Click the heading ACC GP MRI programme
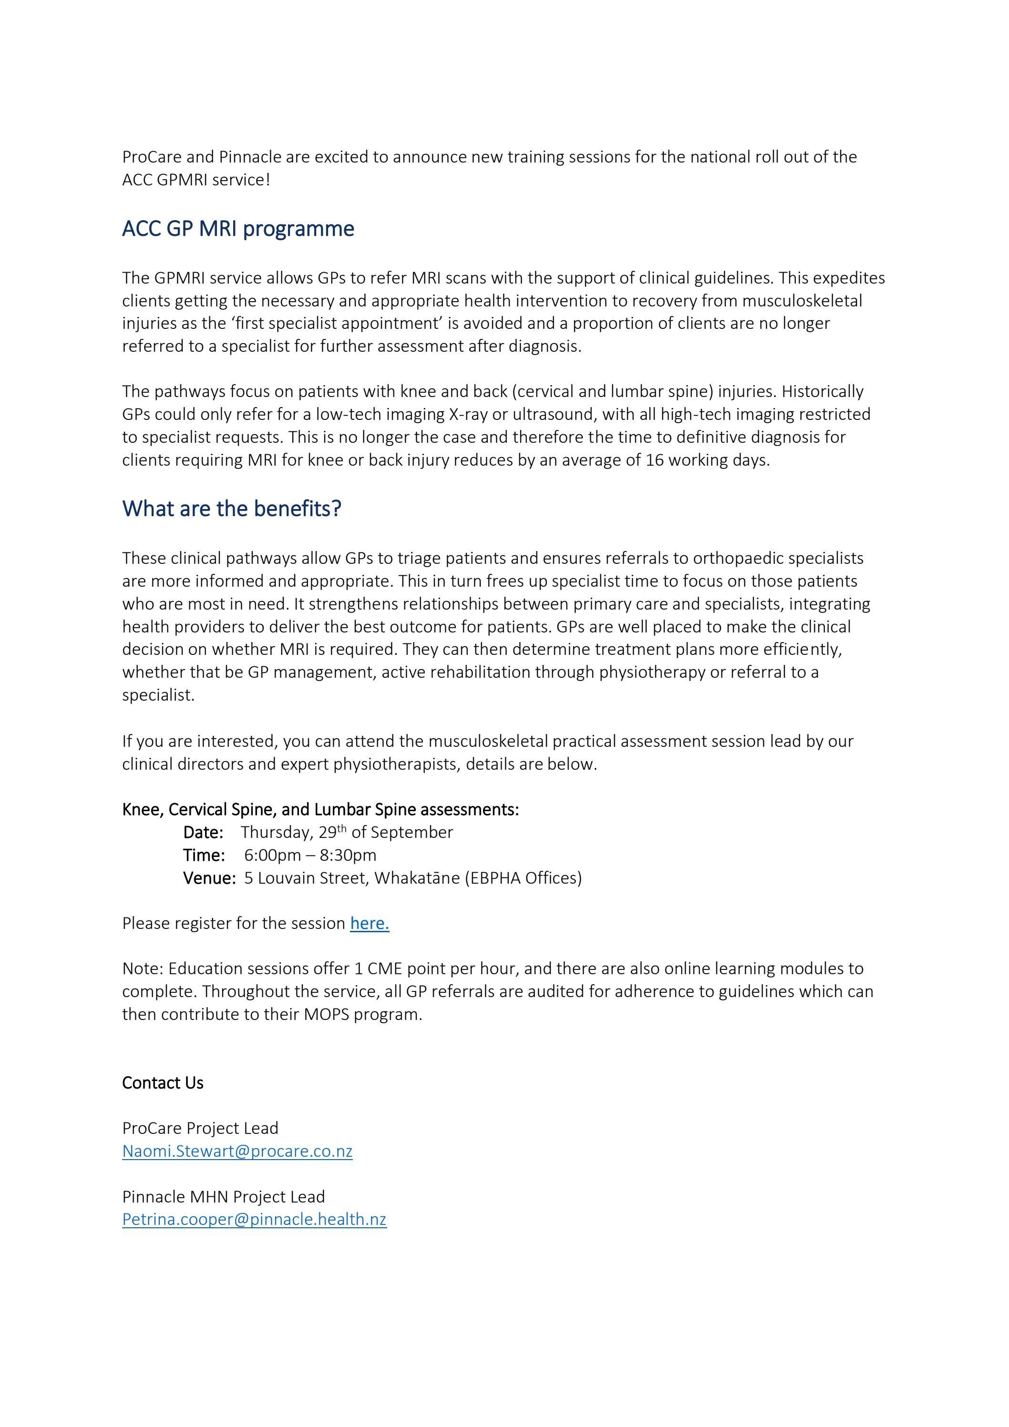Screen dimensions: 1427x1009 click(238, 229)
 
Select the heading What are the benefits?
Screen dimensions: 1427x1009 click(232, 509)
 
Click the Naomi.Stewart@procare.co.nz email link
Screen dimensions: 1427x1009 click(237, 1151)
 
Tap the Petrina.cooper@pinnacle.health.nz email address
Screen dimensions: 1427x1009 click(254, 1219)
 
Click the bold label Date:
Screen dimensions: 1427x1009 click(203, 832)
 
